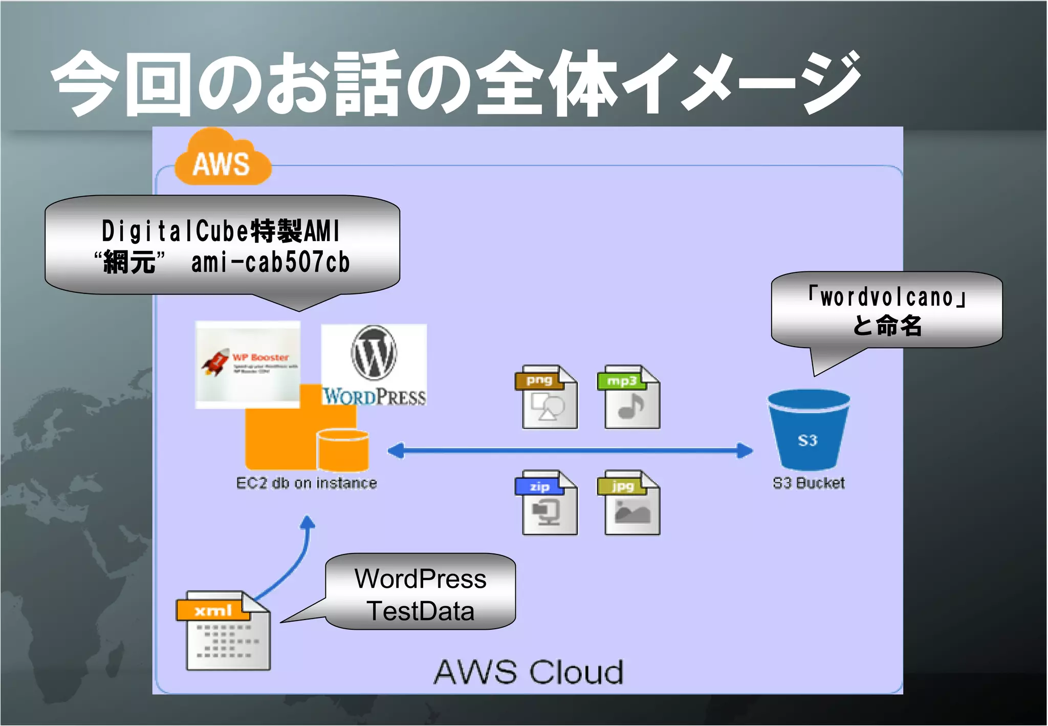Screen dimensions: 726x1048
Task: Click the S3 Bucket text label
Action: (809, 483)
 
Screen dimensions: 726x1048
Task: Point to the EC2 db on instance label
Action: (306, 483)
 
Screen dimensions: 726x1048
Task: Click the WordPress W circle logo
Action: (374, 353)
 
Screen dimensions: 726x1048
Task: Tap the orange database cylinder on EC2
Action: (342, 450)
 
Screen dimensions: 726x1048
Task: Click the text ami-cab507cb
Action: (270, 263)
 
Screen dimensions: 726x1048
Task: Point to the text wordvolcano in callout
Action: (887, 297)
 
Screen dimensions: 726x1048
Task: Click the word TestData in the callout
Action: (421, 611)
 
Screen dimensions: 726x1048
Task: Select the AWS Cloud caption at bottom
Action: (529, 672)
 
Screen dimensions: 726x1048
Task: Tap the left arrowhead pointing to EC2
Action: (396, 451)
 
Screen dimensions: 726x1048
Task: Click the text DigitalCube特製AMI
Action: (221, 231)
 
